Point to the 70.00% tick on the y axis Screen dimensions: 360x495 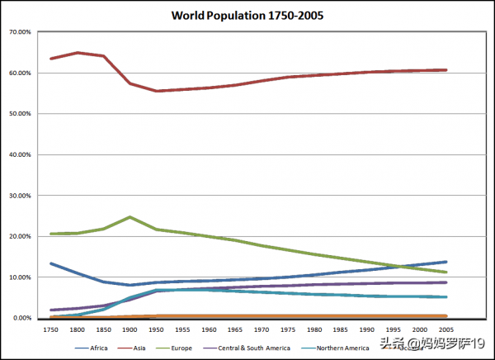(19, 32)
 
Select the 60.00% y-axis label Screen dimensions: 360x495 (19, 73)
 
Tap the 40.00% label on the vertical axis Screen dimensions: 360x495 (19, 154)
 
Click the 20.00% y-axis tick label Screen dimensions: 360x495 (19, 236)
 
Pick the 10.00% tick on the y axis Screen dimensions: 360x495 (19, 277)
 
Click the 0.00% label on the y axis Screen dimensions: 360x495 (21, 318)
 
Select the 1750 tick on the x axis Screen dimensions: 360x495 (51, 329)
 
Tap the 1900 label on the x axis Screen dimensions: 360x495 (129, 329)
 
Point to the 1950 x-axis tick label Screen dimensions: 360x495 (156, 329)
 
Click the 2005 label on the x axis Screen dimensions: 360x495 (444, 329)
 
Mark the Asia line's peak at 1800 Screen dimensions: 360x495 (78, 53)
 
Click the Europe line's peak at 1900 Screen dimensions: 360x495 (130, 217)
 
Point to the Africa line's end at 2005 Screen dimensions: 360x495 (445, 262)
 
